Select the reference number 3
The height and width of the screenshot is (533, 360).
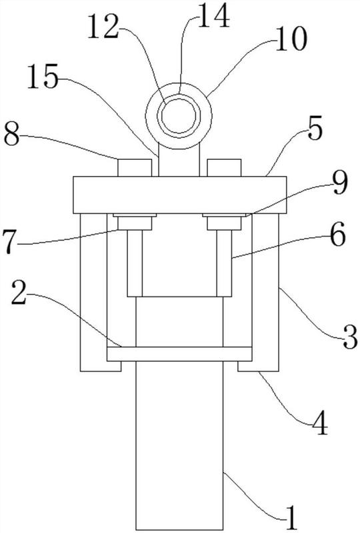click(349, 337)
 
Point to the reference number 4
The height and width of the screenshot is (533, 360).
click(319, 423)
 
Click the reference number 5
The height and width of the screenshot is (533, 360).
click(315, 131)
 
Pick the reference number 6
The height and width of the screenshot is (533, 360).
click(338, 235)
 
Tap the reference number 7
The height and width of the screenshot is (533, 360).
click(10, 242)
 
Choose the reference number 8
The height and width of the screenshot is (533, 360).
click(11, 135)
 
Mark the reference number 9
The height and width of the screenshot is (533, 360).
click(340, 183)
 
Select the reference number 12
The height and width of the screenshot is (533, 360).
click(103, 26)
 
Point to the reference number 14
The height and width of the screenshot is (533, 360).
click(214, 15)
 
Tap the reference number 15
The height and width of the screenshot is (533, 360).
click(43, 77)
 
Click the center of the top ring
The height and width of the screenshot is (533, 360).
click(179, 116)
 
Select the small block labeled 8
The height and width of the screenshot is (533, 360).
click(135, 168)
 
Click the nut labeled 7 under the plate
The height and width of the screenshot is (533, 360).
click(135, 223)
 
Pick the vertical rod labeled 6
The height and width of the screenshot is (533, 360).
click(224, 263)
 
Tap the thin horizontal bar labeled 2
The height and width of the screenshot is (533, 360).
click(179, 354)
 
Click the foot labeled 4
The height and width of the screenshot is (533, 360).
click(258, 366)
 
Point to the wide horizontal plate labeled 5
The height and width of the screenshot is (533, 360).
click(180, 195)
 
